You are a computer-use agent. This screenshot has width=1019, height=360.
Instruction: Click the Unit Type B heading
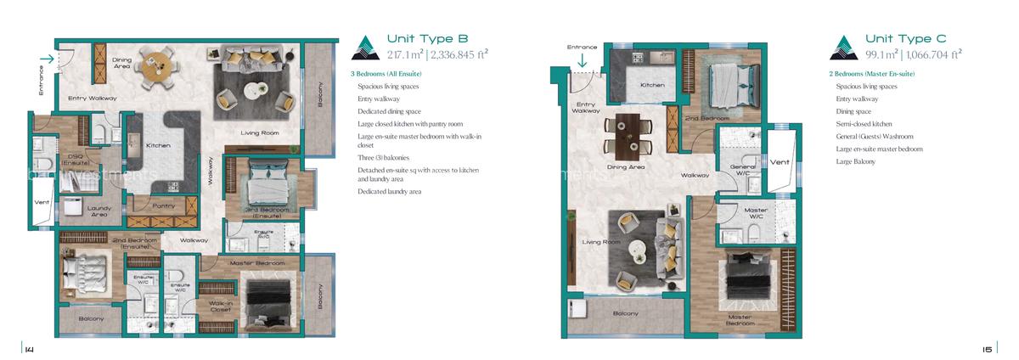(x=427, y=38)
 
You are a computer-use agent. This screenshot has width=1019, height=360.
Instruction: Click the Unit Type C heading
(x=905, y=38)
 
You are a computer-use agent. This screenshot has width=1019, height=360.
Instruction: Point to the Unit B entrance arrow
(x=47, y=59)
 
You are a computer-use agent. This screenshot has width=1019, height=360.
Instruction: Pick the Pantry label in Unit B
(x=162, y=206)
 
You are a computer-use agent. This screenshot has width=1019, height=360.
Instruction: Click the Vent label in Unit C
(x=780, y=161)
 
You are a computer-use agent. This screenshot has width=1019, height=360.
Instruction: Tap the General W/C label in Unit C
(x=743, y=170)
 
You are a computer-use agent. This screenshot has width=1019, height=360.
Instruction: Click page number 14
(x=28, y=348)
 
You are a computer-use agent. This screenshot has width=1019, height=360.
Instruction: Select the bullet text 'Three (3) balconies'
(x=386, y=158)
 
